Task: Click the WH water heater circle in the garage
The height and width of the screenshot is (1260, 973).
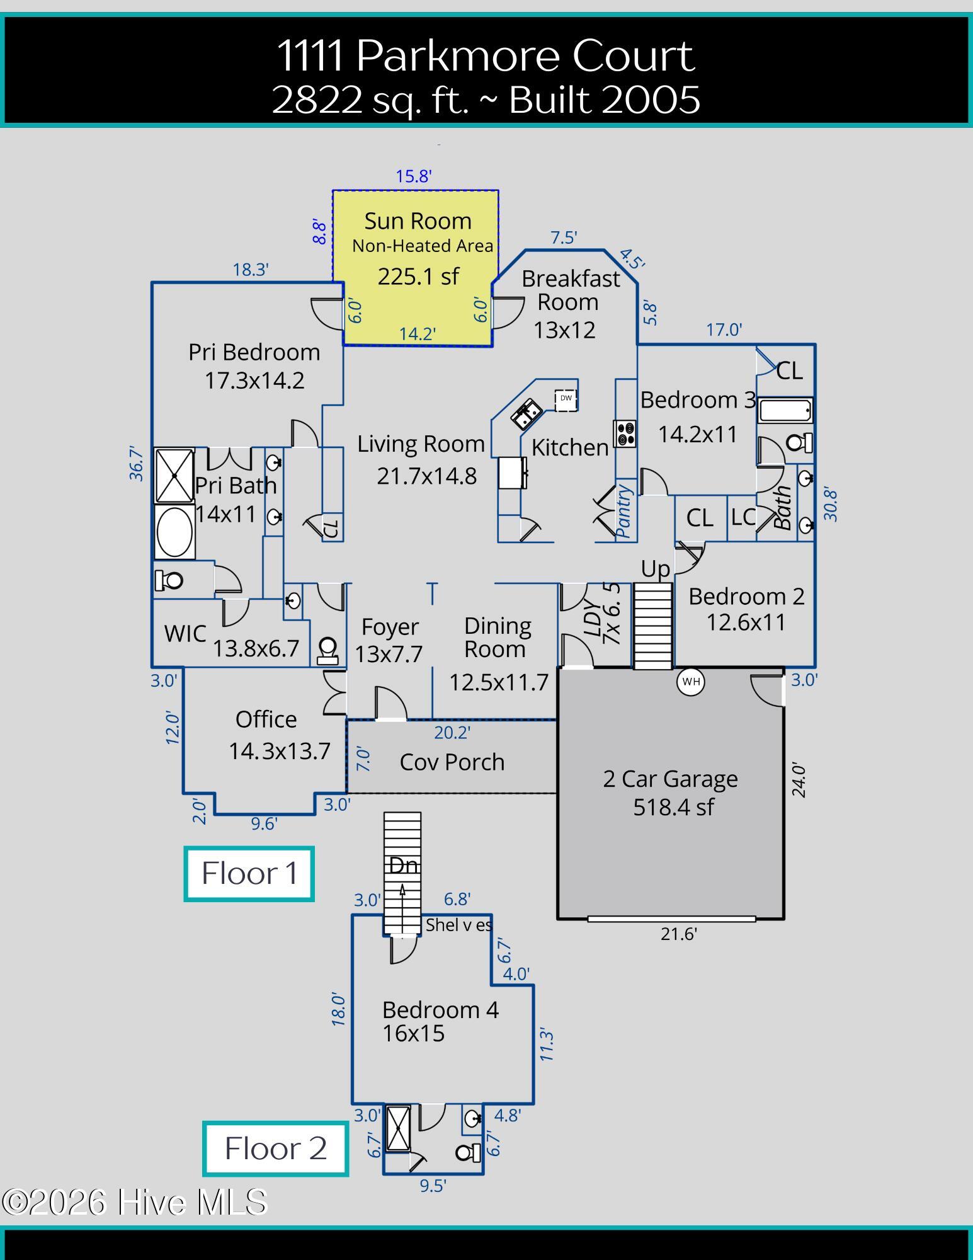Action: pos(691,682)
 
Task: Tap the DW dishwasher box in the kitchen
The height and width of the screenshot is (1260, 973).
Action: pos(566,399)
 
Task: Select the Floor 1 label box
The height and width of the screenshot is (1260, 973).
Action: pos(249,874)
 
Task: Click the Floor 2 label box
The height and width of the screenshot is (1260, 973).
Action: pos(275,1148)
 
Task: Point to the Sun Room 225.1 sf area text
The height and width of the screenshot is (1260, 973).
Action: pos(418,277)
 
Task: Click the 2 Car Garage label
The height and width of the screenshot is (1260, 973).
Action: pos(670,779)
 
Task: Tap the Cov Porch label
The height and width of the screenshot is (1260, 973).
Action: pos(452,762)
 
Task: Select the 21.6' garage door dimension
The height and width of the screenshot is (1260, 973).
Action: pos(678,934)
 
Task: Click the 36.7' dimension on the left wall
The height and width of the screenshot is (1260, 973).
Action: pos(137,464)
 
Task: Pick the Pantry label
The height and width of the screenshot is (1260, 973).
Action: pos(624,511)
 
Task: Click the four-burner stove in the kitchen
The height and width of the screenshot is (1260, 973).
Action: pos(625,433)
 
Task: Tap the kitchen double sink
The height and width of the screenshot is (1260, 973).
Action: pos(526,413)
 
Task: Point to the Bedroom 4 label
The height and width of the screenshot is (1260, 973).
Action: pos(440,1010)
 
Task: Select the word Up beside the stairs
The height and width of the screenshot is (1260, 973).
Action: pos(655,569)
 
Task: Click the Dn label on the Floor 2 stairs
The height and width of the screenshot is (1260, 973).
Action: pos(403,865)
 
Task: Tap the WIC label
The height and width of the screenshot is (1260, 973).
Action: pos(185,633)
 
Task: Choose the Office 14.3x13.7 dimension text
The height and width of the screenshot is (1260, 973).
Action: pos(279,751)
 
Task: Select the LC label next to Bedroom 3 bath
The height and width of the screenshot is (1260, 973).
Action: pos(743,517)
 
